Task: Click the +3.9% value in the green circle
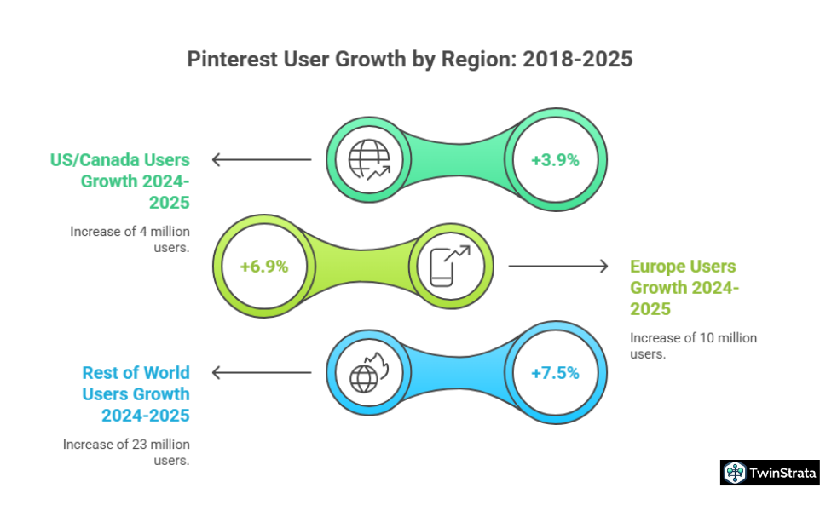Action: [555, 159]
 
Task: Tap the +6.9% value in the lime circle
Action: [264, 266]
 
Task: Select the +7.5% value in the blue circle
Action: [555, 372]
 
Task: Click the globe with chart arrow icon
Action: [368, 159]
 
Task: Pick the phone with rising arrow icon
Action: [450, 266]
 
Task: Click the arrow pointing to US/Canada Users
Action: [261, 159]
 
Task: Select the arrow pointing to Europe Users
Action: [559, 266]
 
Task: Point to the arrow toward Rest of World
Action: [261, 372]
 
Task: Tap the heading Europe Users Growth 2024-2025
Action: [684, 287]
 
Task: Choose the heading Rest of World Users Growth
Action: [136, 393]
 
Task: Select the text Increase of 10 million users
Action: [693, 346]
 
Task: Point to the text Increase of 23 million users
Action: [126, 452]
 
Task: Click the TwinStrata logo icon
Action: [733, 473]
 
